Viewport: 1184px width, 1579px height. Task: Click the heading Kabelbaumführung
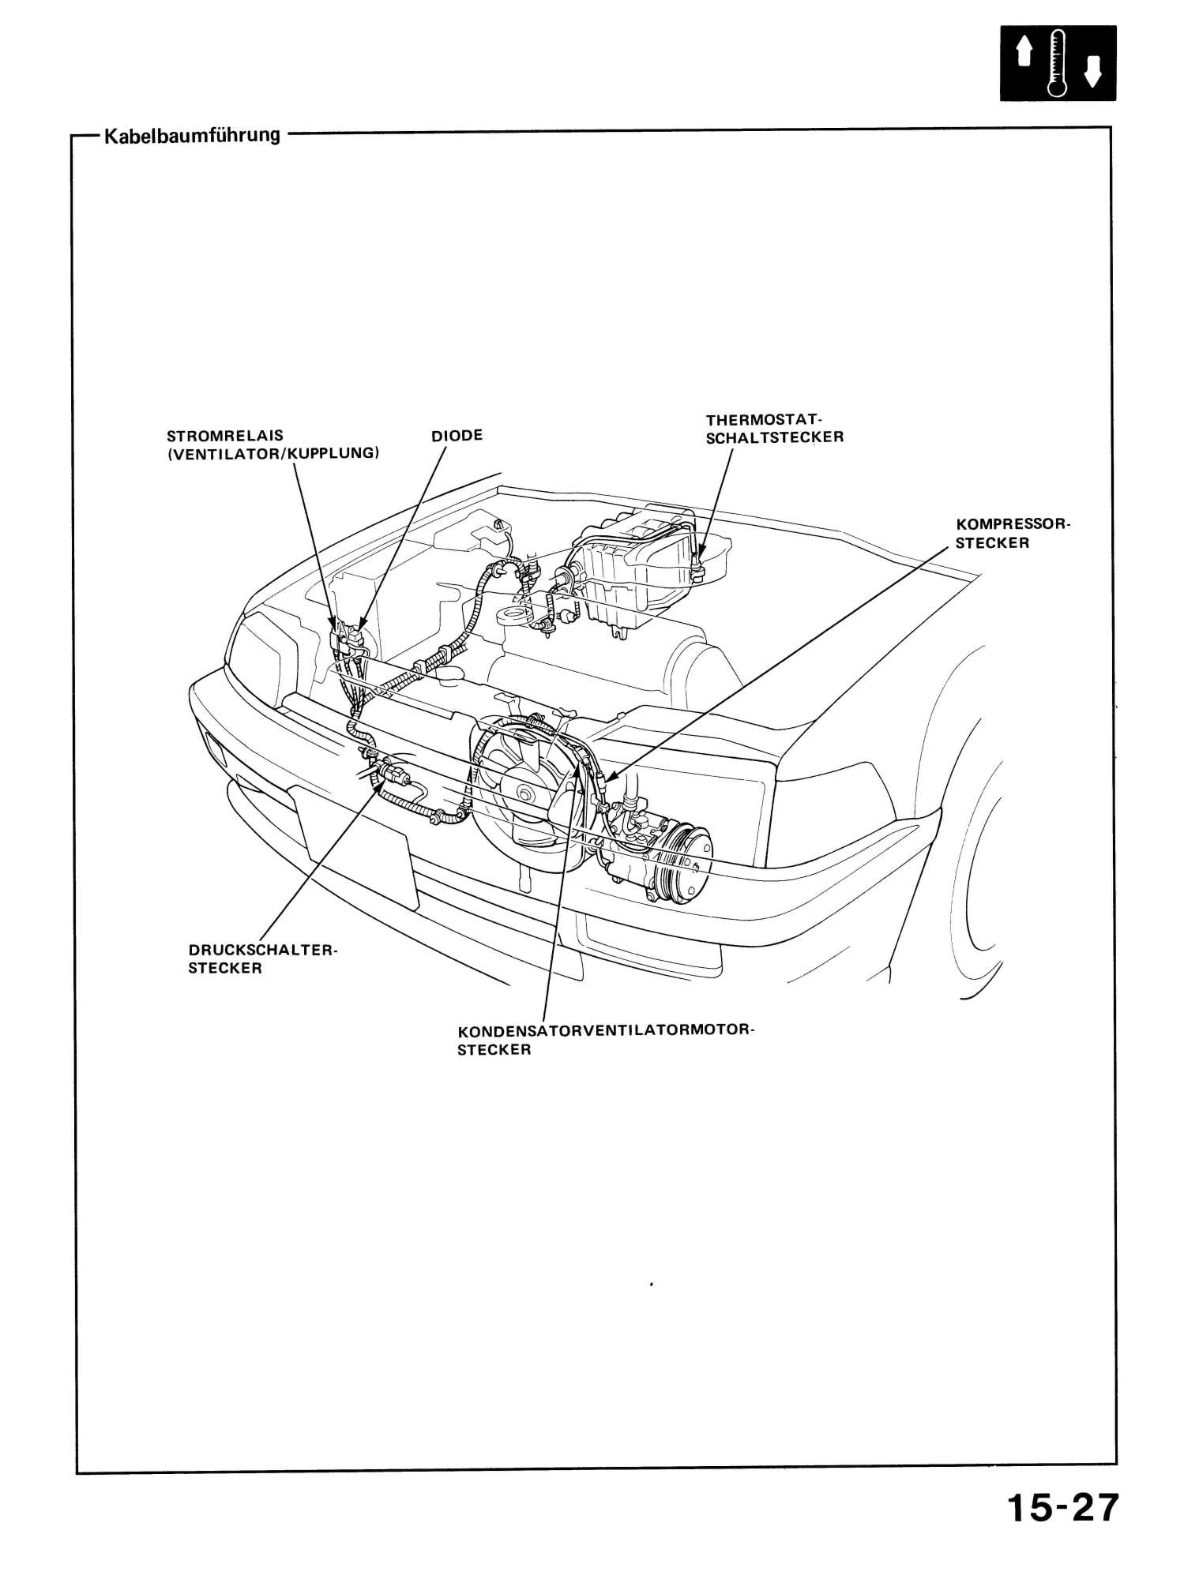[x=190, y=135]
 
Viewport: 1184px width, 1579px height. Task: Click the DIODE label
[x=457, y=436]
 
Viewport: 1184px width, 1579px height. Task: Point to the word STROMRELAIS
[x=225, y=436]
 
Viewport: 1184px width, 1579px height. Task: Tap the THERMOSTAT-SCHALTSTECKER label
[x=774, y=428]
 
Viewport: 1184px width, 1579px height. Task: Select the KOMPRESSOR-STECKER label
[x=1011, y=534]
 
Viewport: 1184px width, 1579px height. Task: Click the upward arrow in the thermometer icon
[x=1024, y=54]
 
